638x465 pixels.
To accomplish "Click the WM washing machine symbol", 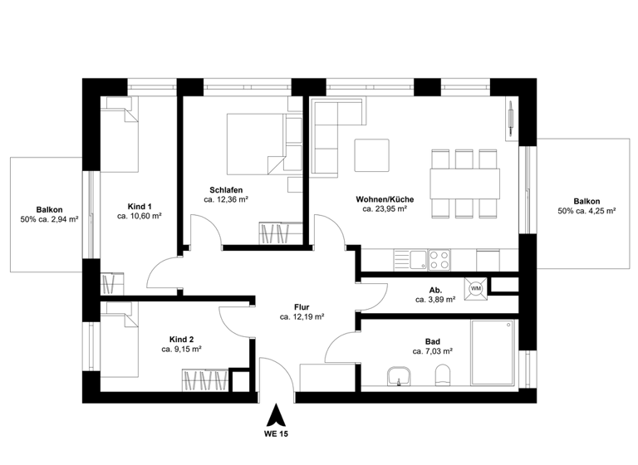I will (x=477, y=288).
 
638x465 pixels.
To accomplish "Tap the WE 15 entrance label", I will (x=277, y=433).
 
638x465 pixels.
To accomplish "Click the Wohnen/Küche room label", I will (x=384, y=199).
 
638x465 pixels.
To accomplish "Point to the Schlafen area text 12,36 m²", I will (x=227, y=199).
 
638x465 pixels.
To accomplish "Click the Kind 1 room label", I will (x=140, y=205).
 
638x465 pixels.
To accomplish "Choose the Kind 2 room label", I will (x=181, y=340).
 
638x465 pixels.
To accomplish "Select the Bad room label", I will (x=433, y=340).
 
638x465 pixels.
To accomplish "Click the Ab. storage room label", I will (x=434, y=290).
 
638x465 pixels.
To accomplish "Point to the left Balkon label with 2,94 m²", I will (x=50, y=209).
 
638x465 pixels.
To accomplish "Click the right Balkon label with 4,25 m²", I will (x=586, y=201).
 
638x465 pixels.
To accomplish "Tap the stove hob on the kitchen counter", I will (x=439, y=259).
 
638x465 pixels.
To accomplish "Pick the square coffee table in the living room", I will (x=372, y=154).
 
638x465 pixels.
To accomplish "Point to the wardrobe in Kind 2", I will (x=206, y=381).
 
